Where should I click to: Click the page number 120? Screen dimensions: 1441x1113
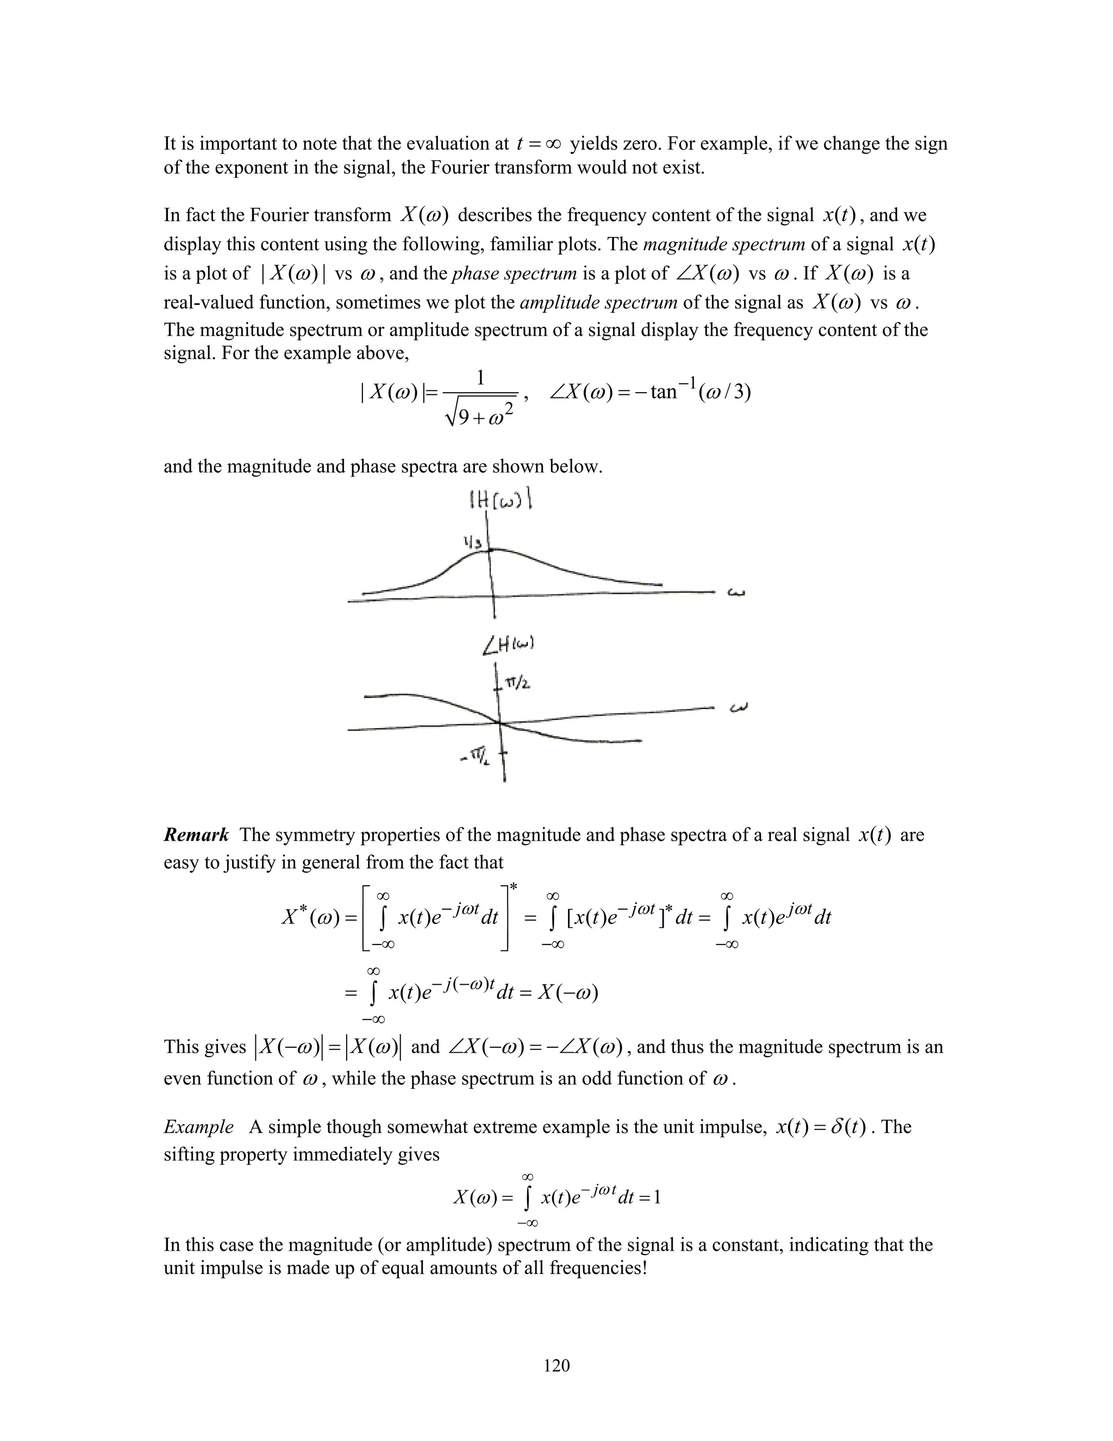556,1365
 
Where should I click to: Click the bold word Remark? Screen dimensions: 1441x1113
196,835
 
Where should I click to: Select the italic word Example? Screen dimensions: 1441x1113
198,1126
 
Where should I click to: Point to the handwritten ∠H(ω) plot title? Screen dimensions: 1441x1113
508,647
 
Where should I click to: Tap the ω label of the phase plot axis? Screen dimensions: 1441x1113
739,709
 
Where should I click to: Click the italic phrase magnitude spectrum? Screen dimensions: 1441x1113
723,245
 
